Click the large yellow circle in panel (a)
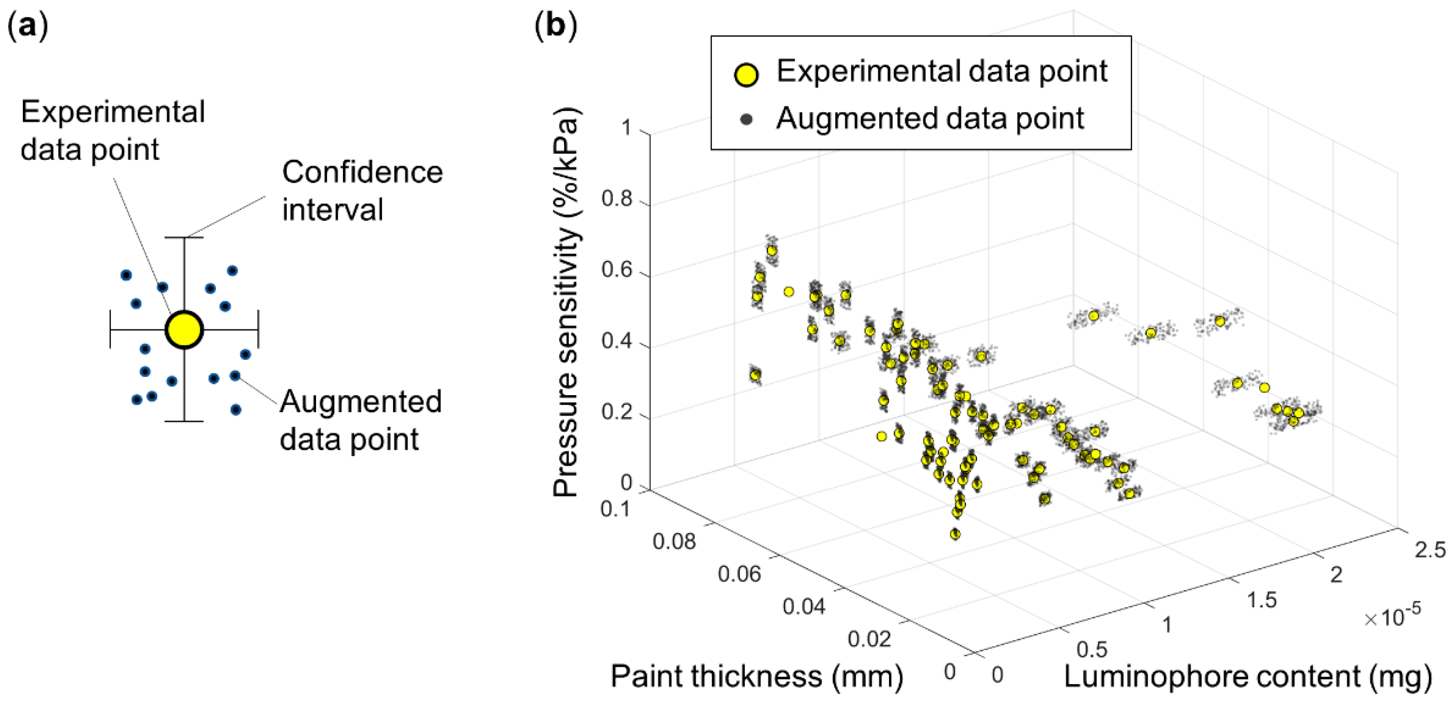click(184, 329)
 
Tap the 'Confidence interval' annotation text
click(362, 191)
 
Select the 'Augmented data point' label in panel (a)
click(360, 420)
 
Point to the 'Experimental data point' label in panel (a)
click(112, 131)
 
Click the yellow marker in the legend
click(747, 74)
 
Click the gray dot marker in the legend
click(747, 119)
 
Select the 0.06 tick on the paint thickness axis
click(739, 574)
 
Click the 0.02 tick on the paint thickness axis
click(869, 639)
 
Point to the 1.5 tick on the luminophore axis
click(1262, 600)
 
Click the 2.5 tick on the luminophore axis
click(1429, 550)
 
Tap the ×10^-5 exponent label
click(1392, 616)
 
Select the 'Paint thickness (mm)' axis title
click(756, 677)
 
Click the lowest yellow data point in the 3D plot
click(954, 534)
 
